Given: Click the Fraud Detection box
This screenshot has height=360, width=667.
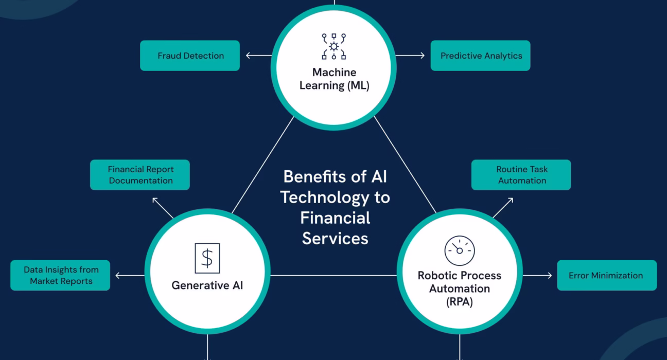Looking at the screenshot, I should (190, 56).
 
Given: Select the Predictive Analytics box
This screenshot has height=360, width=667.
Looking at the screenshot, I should (480, 56).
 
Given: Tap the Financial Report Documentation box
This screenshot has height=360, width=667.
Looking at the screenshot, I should (140, 175).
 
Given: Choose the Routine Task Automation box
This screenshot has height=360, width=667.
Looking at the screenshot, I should (521, 175).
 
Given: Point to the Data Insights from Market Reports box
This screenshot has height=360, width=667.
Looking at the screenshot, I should (60, 275).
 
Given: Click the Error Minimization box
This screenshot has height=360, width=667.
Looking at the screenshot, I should (606, 275).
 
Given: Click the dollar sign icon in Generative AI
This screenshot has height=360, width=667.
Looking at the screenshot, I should (207, 258).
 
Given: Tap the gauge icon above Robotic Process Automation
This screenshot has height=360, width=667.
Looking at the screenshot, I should (459, 250).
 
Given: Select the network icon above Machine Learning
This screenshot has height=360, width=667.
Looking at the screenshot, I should (334, 46).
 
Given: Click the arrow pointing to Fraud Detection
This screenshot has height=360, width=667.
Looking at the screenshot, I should (258, 56).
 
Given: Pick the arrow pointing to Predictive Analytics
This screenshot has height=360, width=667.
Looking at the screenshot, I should (411, 56).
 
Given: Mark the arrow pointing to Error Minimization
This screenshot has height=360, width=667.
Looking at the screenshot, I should (537, 276).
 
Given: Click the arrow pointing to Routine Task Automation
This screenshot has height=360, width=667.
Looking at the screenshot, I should (503, 207).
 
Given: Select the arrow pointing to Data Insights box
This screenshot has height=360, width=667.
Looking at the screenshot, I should (129, 276).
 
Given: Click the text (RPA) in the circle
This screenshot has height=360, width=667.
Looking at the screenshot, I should (459, 302).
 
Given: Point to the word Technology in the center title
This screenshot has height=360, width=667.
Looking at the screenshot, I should (335, 197).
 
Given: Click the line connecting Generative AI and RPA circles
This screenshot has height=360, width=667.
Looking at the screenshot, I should (333, 276).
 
